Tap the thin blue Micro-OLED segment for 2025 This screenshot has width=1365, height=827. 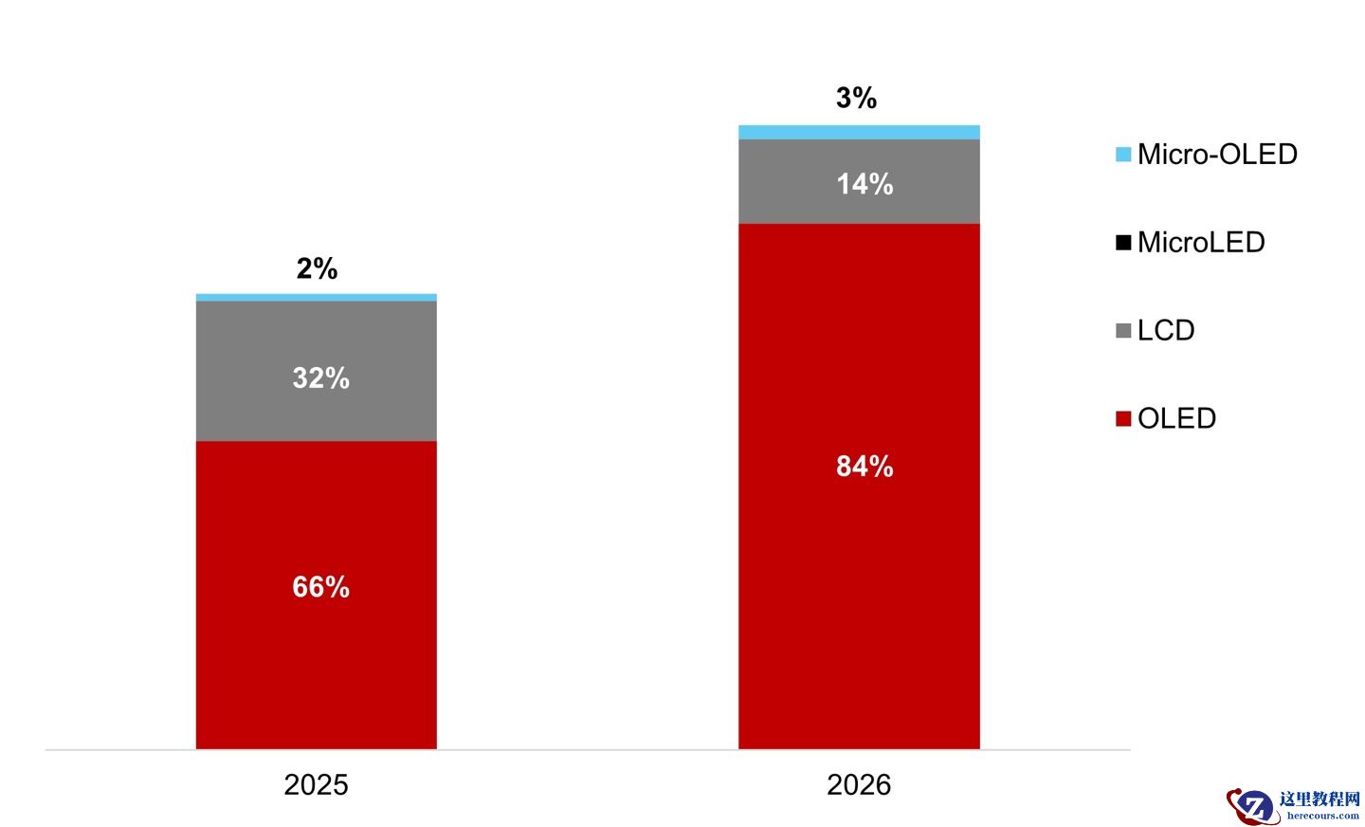[x=316, y=298]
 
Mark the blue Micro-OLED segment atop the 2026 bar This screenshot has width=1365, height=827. [x=859, y=132]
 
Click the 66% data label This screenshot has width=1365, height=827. [x=320, y=587]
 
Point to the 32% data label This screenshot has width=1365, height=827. [x=320, y=378]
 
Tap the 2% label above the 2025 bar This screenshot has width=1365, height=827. [x=317, y=268]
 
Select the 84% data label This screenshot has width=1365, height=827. [x=864, y=467]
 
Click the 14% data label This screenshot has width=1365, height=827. [x=864, y=184]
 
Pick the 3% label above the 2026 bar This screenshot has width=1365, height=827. [x=856, y=98]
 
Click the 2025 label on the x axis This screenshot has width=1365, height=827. [x=316, y=784]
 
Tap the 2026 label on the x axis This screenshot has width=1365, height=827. [x=859, y=784]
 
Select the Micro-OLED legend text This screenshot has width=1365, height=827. [x=1217, y=154]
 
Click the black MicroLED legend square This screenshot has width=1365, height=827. [x=1123, y=243]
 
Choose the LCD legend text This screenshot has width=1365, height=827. [x=1166, y=330]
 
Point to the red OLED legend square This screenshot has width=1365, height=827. [x=1123, y=419]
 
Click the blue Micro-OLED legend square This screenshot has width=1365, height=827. [x=1123, y=155]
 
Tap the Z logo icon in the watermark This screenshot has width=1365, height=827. [x=1252, y=806]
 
